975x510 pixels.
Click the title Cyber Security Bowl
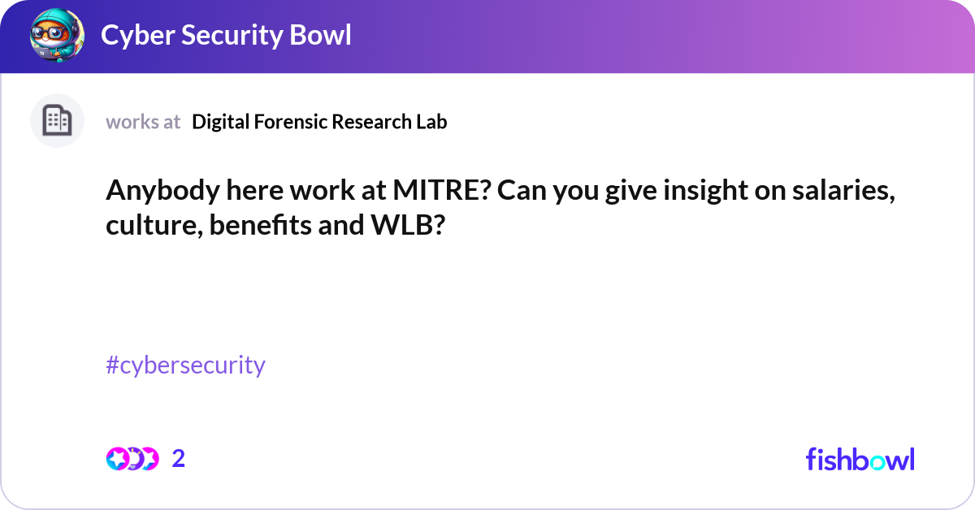click(226, 36)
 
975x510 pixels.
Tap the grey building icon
click(57, 121)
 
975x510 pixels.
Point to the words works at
click(143, 122)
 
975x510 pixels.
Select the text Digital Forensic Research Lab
click(319, 122)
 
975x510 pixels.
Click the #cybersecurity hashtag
click(185, 365)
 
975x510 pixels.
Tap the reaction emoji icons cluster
click(132, 459)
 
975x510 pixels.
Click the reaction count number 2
click(179, 459)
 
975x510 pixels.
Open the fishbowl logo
click(860, 459)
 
